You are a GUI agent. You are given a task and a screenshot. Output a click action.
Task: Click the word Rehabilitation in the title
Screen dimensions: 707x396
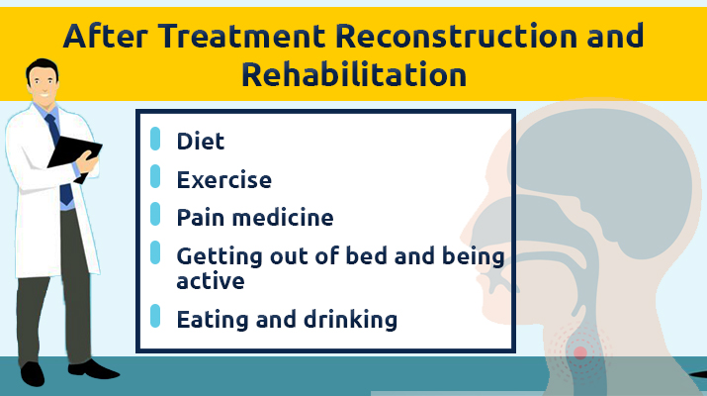pos(354,74)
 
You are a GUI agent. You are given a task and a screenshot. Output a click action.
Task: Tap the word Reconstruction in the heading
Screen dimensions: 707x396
pos(456,36)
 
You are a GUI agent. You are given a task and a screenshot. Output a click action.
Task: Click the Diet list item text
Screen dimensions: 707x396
pos(200,142)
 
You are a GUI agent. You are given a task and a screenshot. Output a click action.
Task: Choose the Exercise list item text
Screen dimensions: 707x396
pos(224,180)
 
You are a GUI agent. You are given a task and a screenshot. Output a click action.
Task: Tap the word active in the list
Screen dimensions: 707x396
pos(211,281)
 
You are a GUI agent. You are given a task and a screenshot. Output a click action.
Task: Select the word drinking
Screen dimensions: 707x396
pos(350,319)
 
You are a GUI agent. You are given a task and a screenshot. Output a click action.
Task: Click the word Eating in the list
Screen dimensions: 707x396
pos(214,320)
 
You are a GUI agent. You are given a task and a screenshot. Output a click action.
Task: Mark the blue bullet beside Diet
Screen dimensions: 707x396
pos(155,139)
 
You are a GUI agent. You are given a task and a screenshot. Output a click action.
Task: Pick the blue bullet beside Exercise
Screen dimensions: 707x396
pos(155,176)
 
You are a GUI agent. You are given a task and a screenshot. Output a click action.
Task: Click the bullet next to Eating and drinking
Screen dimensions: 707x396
pos(155,316)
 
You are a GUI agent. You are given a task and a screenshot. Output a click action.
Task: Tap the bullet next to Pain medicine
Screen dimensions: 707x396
pos(155,214)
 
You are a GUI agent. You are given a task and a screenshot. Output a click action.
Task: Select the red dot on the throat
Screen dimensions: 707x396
pos(580,352)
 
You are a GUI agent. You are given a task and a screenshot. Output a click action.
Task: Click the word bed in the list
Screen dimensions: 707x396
pos(366,256)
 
